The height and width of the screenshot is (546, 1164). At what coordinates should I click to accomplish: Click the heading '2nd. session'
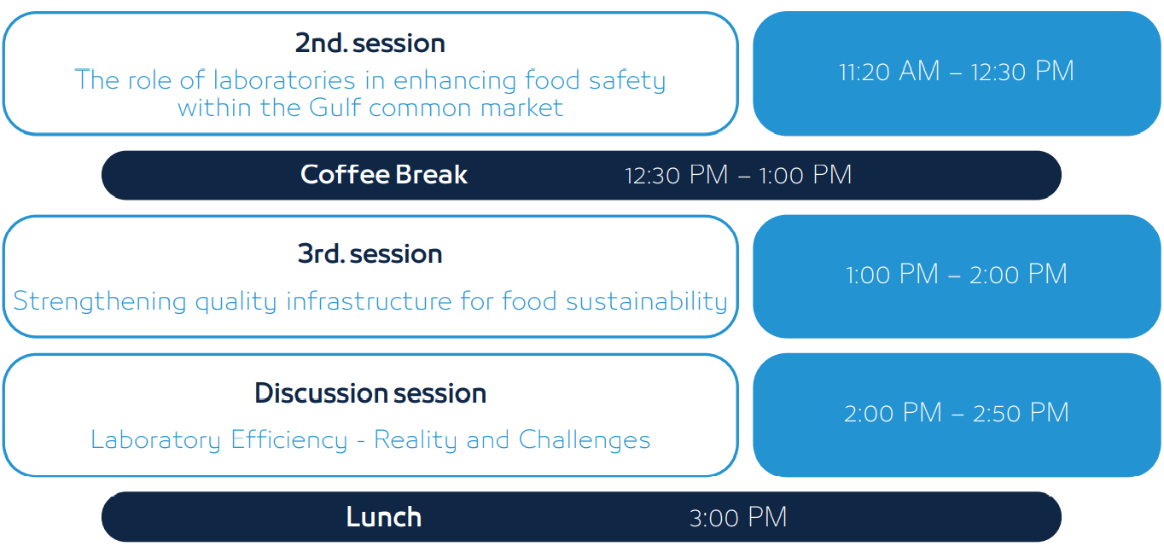[x=370, y=43]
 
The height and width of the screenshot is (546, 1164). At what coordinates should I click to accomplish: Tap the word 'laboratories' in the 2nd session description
[x=284, y=80]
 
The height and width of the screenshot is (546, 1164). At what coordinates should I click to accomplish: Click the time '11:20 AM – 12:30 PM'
[x=956, y=71]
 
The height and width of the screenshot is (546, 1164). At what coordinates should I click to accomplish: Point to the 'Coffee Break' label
[x=384, y=175]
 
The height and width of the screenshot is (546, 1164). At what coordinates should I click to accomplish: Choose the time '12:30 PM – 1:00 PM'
[x=738, y=175]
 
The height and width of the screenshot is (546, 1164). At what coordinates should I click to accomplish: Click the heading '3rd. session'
[x=370, y=253]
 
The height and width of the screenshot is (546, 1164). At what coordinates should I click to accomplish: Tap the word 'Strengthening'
[x=99, y=301]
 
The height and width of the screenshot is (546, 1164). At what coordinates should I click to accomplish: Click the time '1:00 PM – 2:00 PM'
[x=956, y=274]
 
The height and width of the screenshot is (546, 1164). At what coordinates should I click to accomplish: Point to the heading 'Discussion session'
[x=370, y=393]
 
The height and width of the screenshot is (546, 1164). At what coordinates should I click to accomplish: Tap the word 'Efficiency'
[x=289, y=440]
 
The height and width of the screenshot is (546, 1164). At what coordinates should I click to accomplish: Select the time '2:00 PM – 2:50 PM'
[x=956, y=413]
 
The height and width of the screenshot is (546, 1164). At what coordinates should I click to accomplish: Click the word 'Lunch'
[x=384, y=517]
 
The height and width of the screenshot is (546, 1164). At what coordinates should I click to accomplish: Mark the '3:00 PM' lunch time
[x=738, y=517]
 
